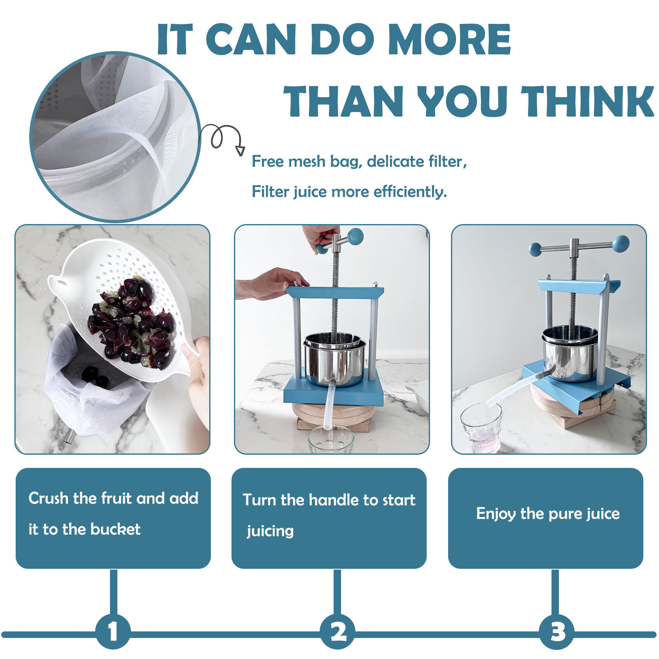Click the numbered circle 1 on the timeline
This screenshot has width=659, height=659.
113,631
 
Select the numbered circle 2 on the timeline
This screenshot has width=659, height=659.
338,631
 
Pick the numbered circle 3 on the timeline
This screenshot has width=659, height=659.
556,631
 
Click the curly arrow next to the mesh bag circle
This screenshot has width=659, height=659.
223,138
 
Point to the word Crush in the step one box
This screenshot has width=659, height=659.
48,498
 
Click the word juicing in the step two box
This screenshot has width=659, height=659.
270,530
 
